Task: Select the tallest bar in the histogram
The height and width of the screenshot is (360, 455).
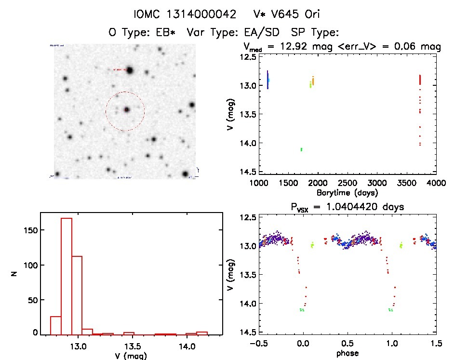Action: [x=67, y=276]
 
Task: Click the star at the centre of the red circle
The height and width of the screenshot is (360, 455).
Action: [x=127, y=110]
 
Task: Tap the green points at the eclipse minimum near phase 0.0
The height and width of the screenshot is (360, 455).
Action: [x=302, y=310]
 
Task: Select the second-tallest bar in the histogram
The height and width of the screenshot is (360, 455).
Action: [x=77, y=294]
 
